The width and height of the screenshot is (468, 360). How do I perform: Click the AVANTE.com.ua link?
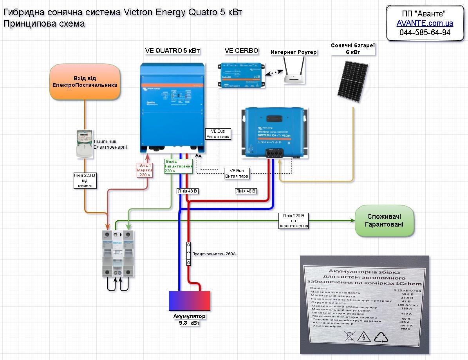pos(425,23)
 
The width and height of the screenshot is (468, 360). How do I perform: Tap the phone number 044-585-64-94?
pos(425,32)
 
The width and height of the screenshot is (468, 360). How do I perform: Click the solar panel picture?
pos(353,83)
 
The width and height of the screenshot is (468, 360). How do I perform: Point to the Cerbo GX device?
pos(239,74)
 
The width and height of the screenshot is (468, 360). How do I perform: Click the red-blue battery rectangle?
pos(189,301)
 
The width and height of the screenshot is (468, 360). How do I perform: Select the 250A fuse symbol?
pos(188,254)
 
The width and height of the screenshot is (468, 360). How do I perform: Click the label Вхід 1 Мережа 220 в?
pos(144,170)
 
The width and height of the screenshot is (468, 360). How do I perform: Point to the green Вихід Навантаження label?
pos(179,166)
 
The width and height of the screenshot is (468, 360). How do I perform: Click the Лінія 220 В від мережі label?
pos(85,180)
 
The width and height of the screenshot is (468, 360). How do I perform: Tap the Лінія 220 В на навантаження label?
pos(294,221)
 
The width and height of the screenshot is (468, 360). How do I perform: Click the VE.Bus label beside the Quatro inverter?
pos(218,134)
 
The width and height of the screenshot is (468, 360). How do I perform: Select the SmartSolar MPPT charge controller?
pos(273,133)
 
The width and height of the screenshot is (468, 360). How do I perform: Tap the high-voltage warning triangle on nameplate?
pos(365,337)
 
